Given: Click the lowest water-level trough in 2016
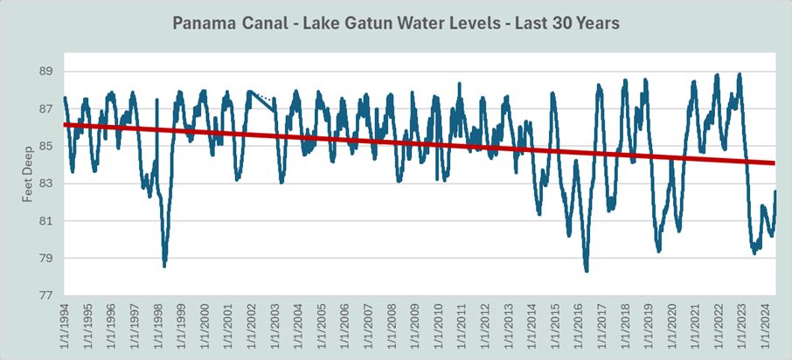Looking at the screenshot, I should (587, 271).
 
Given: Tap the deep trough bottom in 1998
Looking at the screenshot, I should (164, 266).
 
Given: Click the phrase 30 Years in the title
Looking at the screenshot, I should (588, 24).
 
